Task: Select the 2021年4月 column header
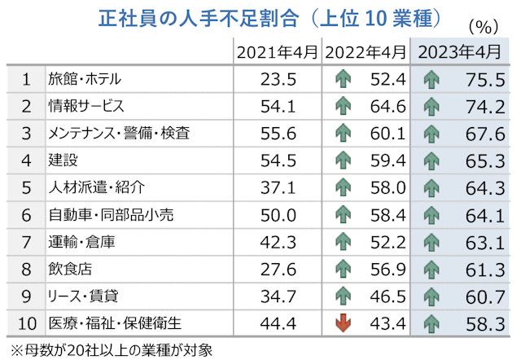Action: coord(277,53)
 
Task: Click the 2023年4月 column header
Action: coord(459,53)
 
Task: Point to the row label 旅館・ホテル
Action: coord(85,79)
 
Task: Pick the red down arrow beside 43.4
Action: coord(344,322)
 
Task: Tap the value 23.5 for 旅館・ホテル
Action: coord(277,79)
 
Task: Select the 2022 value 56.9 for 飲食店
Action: coord(386,268)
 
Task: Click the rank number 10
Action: coord(26,322)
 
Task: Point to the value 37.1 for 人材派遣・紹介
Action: coord(277,187)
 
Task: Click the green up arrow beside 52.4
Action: coord(344,80)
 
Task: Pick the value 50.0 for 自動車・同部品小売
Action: coord(277,214)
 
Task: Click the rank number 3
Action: coord(26,133)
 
